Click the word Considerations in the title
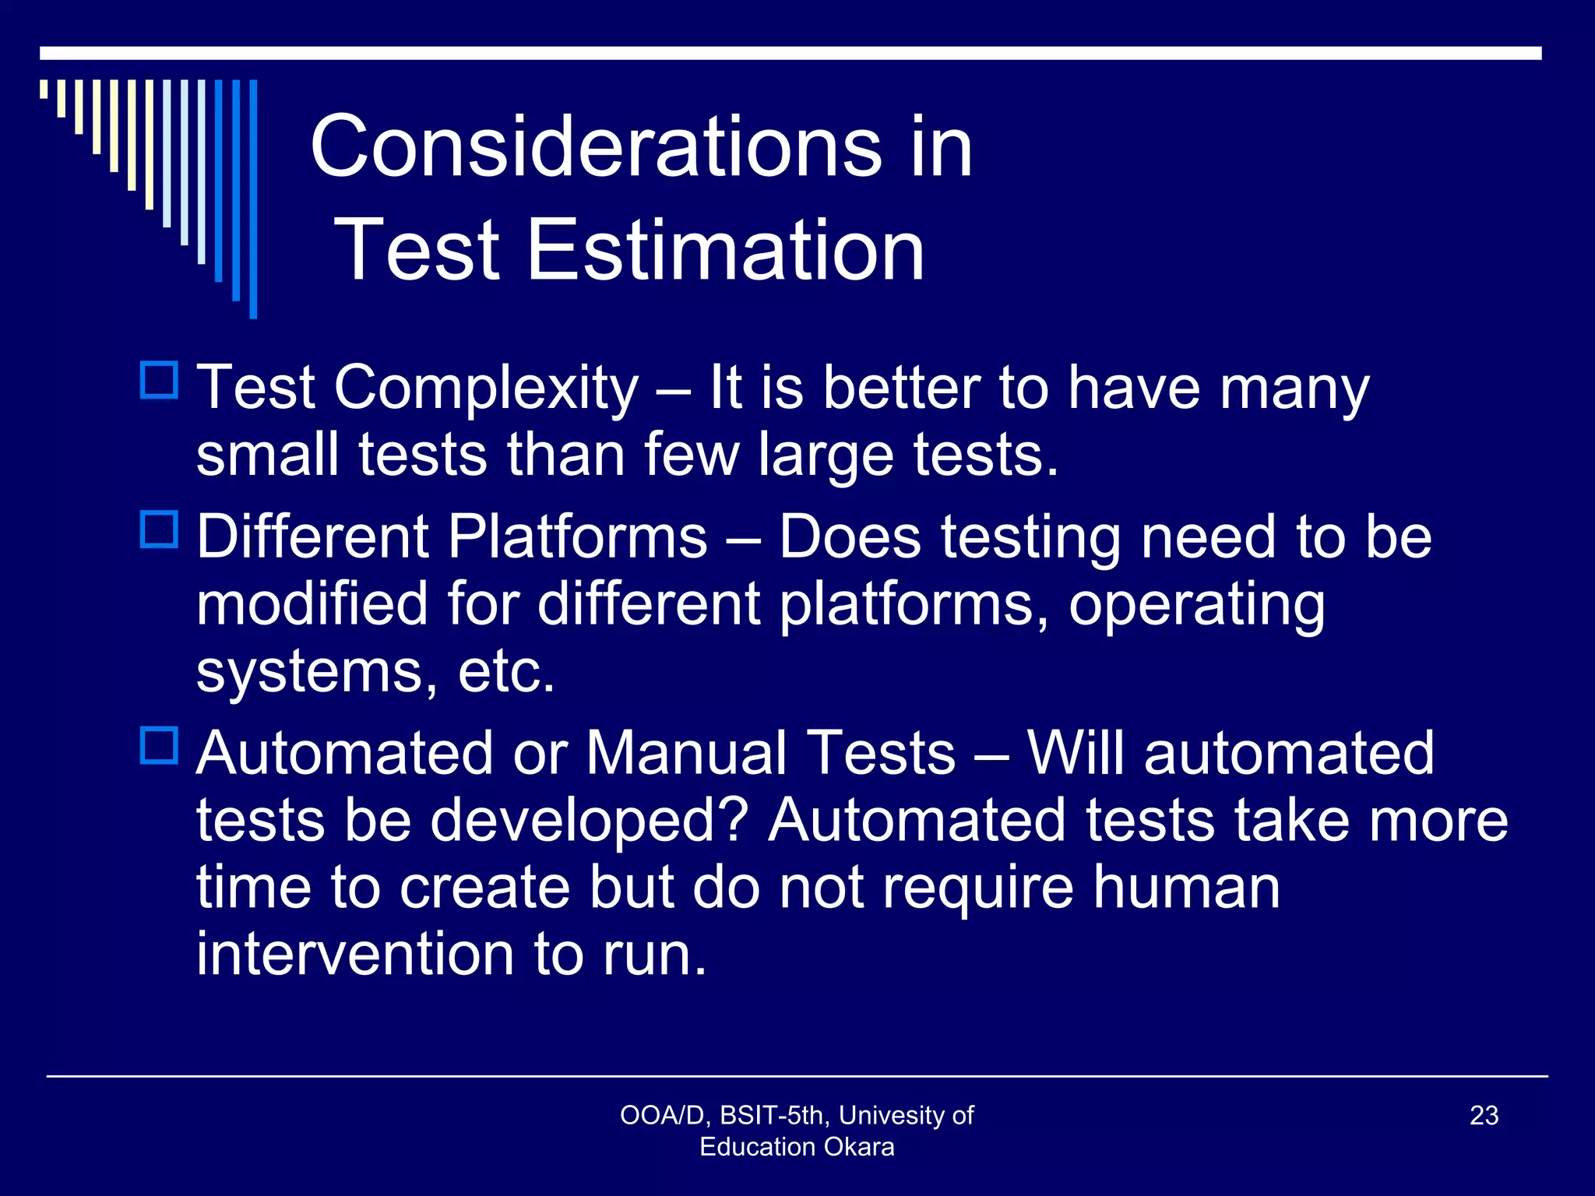coord(596,146)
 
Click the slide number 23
coord(1484,1116)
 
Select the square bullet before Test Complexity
coord(160,381)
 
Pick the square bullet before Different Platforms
coord(160,530)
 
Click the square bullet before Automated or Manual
coord(160,746)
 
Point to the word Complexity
coord(486,389)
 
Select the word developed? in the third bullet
coord(589,821)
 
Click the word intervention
coord(355,955)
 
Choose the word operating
coord(1196,606)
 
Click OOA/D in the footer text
coord(662,1116)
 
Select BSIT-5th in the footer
coord(772,1116)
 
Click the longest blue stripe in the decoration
coord(253,199)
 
